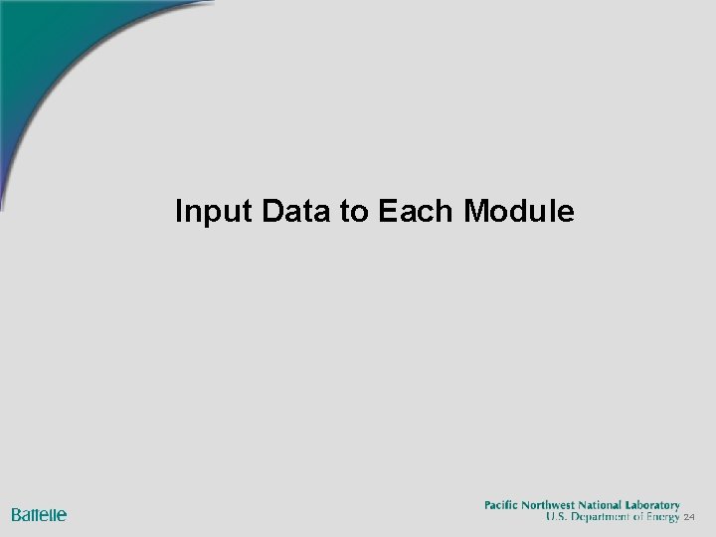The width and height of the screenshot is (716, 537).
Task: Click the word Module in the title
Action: (x=519, y=212)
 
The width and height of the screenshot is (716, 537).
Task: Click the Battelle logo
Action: (x=39, y=515)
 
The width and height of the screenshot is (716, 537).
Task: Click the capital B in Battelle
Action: (x=17, y=515)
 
